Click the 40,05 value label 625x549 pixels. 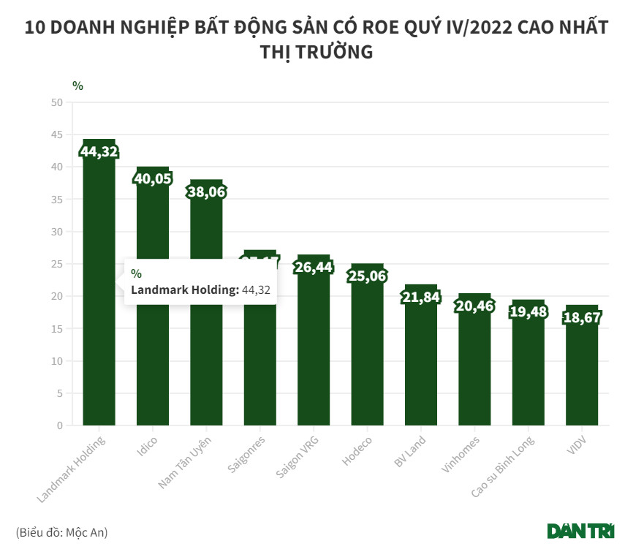point(152,180)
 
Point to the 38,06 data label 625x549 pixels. point(206,192)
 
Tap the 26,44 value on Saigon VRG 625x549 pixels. point(314,268)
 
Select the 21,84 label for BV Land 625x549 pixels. point(421,297)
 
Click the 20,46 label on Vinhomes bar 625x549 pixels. point(474,306)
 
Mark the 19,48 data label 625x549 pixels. point(529,312)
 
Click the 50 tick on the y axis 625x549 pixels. point(57,102)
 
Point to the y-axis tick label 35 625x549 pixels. point(57,200)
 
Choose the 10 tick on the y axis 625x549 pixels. point(57,361)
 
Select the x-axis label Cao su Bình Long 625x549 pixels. point(502,468)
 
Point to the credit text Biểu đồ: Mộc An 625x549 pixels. point(61,532)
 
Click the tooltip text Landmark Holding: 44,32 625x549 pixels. point(200,290)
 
